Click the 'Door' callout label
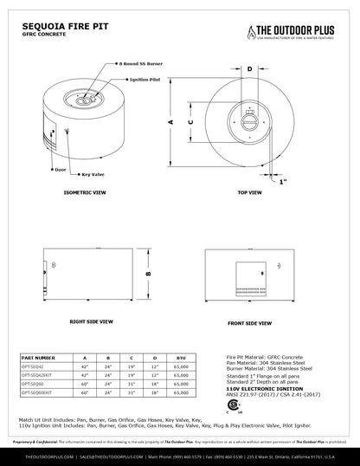[58, 170]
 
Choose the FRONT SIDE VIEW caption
[249, 322]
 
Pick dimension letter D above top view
[249, 67]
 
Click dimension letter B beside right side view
[147, 275]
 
